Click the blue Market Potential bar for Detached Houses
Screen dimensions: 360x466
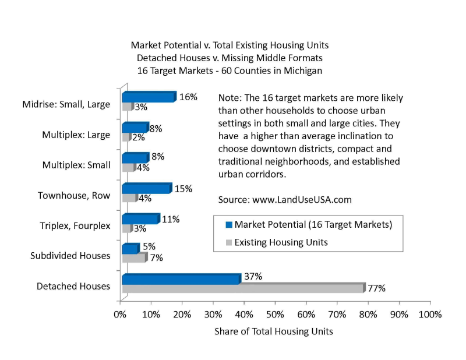click(181, 280)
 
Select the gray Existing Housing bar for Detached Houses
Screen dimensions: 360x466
click(242, 288)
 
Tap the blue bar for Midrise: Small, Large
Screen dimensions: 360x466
click(148, 97)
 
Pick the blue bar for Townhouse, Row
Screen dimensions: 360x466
click(146, 189)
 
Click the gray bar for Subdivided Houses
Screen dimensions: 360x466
click(133, 257)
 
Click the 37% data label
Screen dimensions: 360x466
click(253, 276)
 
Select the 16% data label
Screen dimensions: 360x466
click(188, 97)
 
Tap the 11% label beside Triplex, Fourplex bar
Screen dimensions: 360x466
click(171, 219)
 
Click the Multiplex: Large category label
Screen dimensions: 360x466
click(76, 135)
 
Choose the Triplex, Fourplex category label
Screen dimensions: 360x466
click(75, 226)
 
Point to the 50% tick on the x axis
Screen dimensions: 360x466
click(275, 315)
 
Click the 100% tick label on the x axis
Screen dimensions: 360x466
click(429, 315)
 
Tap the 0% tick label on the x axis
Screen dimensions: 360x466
click(121, 315)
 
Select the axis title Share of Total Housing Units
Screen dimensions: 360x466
click(274, 331)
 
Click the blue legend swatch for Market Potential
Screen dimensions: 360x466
click(228, 225)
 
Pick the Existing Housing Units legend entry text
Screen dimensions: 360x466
click(281, 242)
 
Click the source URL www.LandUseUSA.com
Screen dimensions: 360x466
click(302, 199)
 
